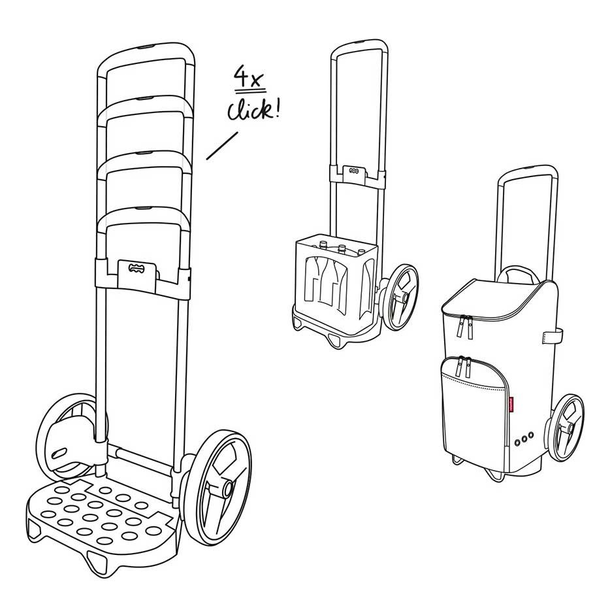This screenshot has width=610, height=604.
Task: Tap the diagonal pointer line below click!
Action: click(x=221, y=146)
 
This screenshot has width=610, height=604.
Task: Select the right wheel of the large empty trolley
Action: click(x=222, y=486)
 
